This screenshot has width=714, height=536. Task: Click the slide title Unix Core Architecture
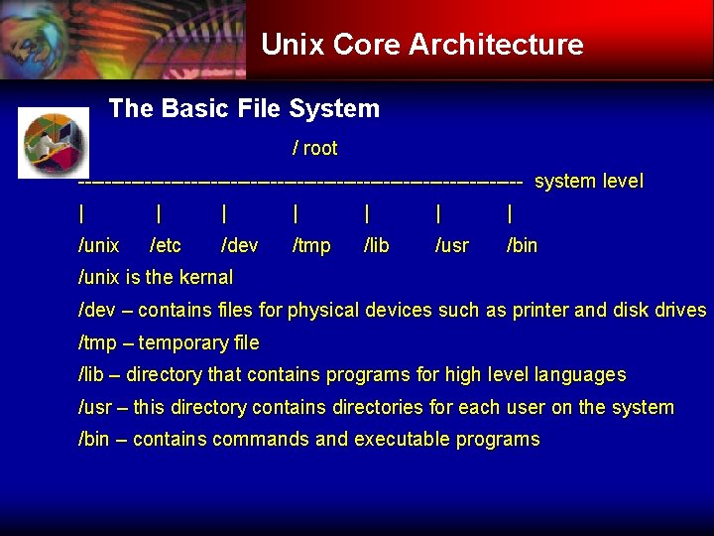421,45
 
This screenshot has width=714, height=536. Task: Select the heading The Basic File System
244,108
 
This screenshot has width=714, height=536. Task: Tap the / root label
314,149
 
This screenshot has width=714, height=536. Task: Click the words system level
588,182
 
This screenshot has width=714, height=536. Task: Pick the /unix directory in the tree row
98,245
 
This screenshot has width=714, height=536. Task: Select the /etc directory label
165,245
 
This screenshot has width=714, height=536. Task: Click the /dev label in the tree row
239,245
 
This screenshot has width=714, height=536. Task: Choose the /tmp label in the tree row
310,245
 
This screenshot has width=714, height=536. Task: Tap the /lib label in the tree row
377,245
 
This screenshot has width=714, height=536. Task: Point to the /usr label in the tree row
452,245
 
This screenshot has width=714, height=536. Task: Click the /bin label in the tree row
522,245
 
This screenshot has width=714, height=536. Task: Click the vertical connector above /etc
160,213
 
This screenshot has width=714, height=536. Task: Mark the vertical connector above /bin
510,213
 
